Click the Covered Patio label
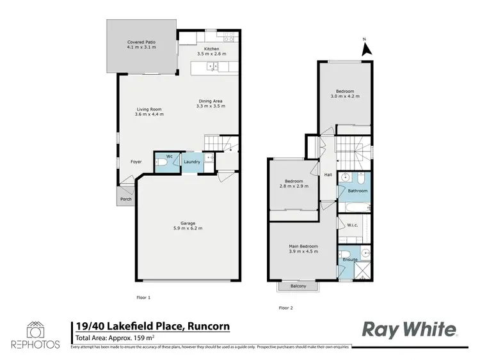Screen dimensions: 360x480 (141, 42)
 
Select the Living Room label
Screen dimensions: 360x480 (149, 109)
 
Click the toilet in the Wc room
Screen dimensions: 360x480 (163, 163)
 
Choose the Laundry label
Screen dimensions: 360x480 (192, 162)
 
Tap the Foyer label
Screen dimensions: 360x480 (136, 162)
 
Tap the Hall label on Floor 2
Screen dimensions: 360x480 (328, 175)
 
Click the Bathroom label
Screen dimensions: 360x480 (357, 191)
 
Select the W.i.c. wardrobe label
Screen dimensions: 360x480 (351, 224)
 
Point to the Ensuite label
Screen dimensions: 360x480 (349, 260)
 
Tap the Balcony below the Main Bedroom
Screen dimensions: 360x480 (298, 286)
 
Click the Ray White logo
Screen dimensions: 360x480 (410, 329)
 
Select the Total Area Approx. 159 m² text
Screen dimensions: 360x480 (115, 338)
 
